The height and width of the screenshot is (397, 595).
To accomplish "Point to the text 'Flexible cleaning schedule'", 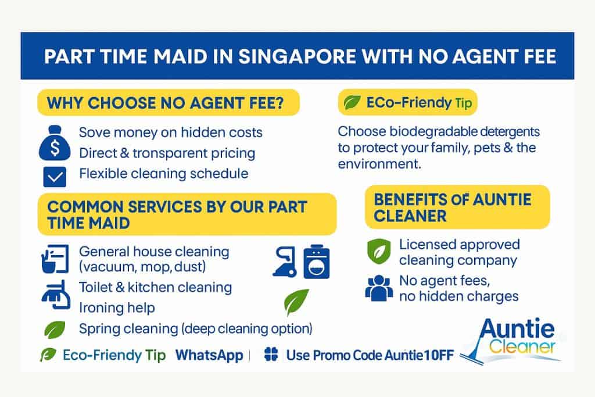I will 163,173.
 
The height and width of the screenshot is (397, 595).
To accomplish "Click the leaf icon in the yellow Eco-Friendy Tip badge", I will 352,103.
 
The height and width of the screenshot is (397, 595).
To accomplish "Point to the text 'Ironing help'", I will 117,307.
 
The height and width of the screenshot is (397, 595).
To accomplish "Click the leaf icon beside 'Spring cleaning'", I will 55,329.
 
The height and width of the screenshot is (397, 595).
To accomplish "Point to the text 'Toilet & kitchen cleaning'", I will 155,287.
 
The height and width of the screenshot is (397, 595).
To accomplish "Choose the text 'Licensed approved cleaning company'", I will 459,252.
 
